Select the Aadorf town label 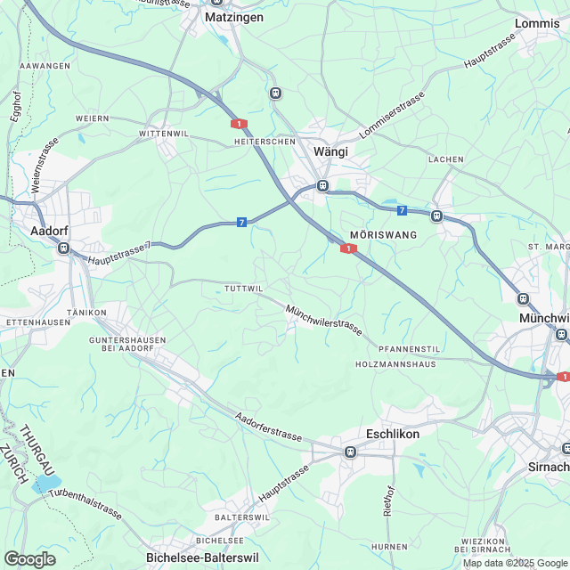point(50,230)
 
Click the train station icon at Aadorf point(63,249)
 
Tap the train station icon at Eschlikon point(351,452)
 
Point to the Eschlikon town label point(393,434)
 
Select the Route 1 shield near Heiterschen point(238,124)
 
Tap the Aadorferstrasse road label point(270,429)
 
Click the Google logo point(29,558)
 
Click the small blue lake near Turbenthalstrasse point(44,485)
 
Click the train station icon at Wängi point(322,186)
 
